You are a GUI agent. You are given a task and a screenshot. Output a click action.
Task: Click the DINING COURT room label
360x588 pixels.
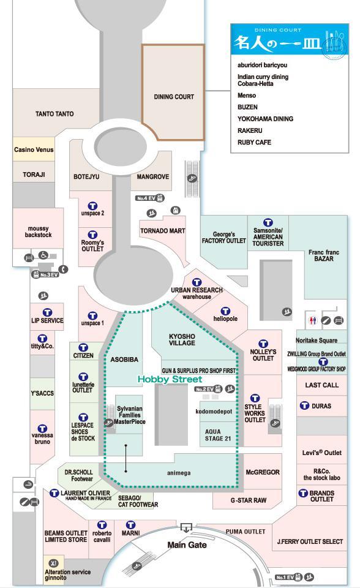[x=174, y=97]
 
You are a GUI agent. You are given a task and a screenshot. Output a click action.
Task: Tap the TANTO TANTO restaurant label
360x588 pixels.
[x=54, y=114]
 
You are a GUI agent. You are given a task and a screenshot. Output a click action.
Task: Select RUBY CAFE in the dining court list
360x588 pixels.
[x=254, y=143]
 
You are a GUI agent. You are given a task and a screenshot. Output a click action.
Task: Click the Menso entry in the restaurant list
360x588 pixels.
[x=247, y=96]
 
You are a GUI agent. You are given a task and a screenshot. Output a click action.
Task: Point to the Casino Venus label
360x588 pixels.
[x=34, y=149]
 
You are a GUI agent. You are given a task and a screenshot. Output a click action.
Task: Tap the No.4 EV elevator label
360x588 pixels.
[x=146, y=198]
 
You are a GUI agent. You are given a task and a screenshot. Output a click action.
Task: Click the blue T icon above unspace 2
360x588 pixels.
[x=92, y=206]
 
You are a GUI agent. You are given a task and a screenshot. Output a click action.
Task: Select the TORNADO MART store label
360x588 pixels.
[x=163, y=231]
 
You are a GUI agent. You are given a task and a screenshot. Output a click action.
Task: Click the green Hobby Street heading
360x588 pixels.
[x=170, y=380]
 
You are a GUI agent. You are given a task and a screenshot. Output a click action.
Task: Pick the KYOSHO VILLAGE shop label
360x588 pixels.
[x=182, y=340]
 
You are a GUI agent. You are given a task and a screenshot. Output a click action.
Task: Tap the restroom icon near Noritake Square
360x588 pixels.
[x=313, y=320]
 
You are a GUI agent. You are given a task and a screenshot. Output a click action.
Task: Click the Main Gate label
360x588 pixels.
[x=187, y=545]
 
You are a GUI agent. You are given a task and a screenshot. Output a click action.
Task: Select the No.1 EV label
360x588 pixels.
[x=284, y=578]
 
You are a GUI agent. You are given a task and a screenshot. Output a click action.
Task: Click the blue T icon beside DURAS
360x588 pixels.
[x=304, y=405]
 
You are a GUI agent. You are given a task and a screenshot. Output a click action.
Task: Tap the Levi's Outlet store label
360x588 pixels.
[x=322, y=453]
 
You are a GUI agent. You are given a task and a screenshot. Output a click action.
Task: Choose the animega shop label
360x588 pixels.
[x=179, y=473]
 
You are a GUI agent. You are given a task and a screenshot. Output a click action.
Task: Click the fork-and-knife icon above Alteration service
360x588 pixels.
[x=54, y=563]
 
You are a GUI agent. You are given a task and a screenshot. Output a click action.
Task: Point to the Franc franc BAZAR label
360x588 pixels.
[x=324, y=255]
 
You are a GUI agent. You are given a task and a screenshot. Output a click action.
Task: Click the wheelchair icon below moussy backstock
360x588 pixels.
[x=43, y=255]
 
